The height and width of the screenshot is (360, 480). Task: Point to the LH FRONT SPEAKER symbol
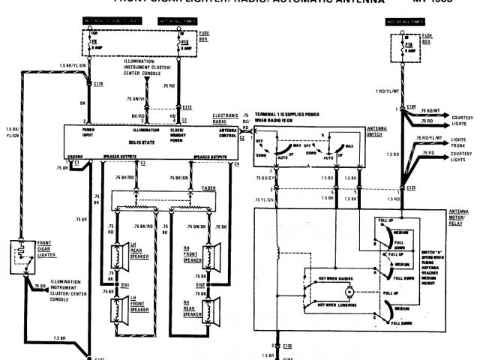click(118, 307)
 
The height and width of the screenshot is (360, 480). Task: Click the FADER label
click(210, 187)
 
